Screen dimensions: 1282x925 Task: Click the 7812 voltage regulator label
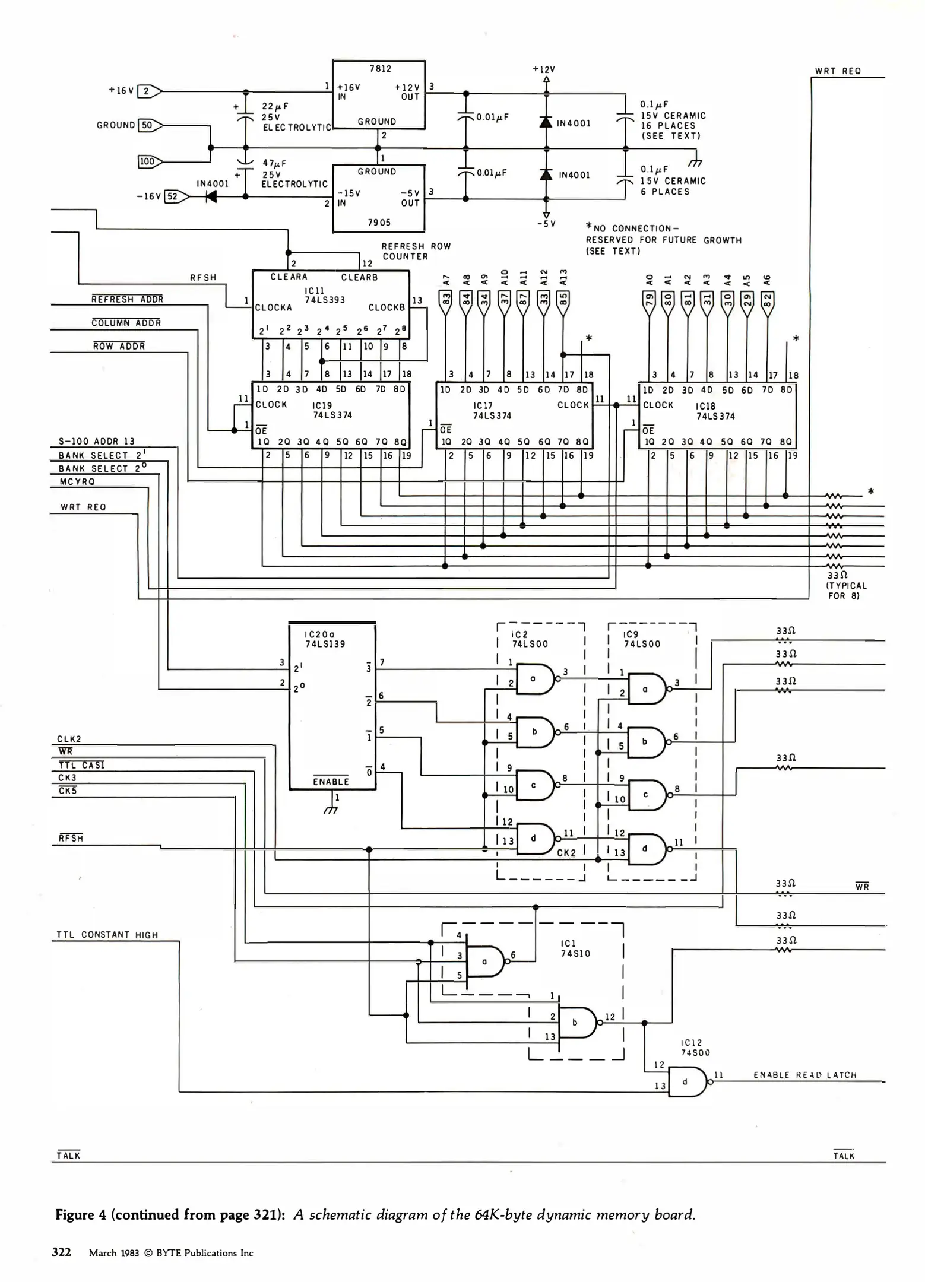click(x=380, y=69)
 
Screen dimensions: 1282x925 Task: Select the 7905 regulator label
click(x=379, y=223)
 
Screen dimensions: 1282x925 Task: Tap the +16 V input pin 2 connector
click(x=148, y=91)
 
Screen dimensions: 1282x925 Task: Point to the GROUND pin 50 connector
click(x=148, y=125)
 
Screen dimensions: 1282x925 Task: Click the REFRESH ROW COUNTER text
click(x=416, y=251)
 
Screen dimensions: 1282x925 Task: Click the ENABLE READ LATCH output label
click(x=804, y=1075)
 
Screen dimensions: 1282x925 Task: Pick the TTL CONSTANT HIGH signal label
click(x=107, y=935)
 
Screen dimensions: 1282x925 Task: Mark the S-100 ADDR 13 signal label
click(x=96, y=441)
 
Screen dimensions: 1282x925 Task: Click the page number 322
click(x=61, y=1252)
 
